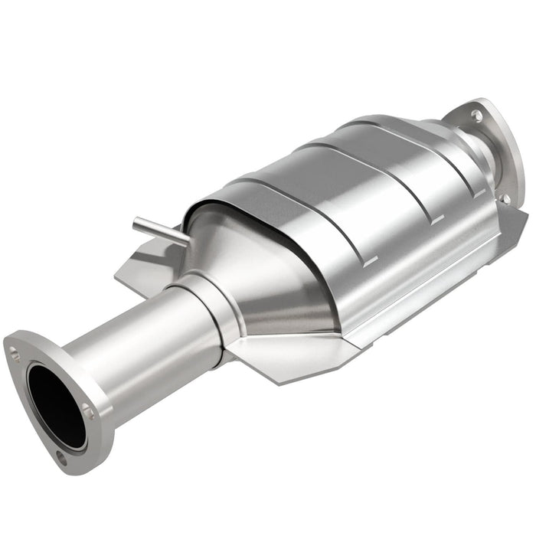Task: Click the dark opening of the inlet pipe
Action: coord(56,406)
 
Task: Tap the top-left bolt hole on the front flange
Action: coord(15,352)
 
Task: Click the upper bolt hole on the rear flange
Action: coord(476,116)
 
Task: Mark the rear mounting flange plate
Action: coord(498,153)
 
